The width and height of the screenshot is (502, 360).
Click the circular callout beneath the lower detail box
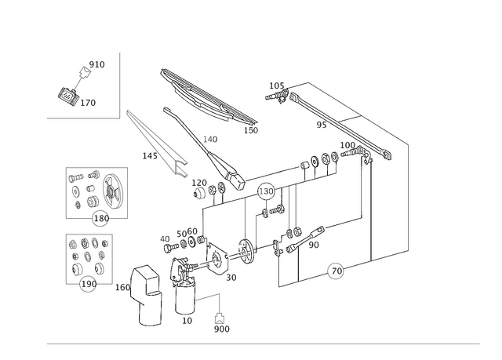[88, 285]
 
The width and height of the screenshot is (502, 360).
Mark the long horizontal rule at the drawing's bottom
[262, 343]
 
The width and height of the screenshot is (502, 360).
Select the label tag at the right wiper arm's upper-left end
[275, 84]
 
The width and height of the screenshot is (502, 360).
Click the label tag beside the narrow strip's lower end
[147, 155]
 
